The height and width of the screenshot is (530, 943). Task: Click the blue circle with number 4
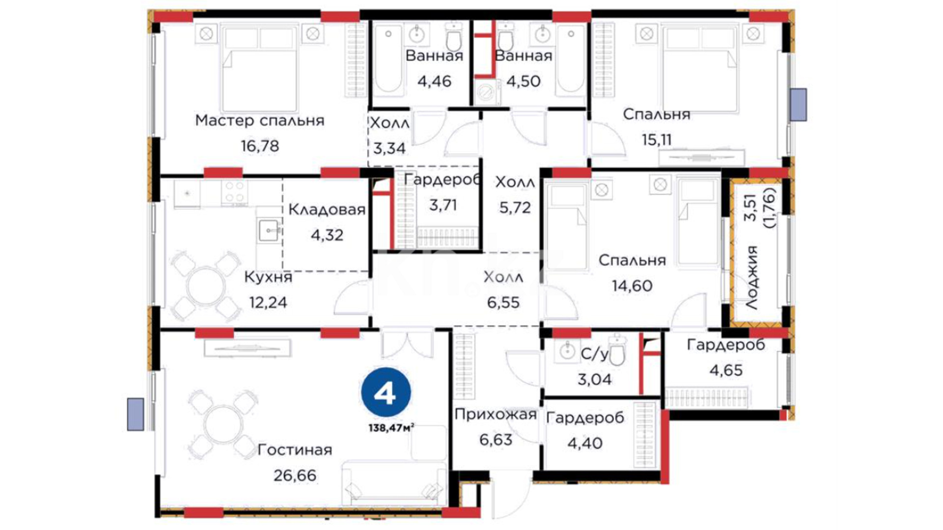point(386,393)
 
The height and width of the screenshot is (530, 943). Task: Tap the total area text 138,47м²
point(391,428)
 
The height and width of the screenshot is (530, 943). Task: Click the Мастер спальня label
point(259,120)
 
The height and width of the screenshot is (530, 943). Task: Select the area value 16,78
point(260,146)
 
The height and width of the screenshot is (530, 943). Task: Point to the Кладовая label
point(327,210)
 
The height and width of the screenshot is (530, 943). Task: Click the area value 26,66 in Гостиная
point(295,475)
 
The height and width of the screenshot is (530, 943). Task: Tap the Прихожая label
point(495,415)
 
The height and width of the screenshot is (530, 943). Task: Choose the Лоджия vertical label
point(751,277)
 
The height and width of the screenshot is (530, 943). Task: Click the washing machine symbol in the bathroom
point(487,93)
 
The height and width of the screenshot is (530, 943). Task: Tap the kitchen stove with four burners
point(234,192)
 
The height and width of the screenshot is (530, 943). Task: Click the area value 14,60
point(632,285)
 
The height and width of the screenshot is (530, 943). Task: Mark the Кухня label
point(268,277)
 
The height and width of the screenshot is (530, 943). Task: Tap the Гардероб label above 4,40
point(585,418)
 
